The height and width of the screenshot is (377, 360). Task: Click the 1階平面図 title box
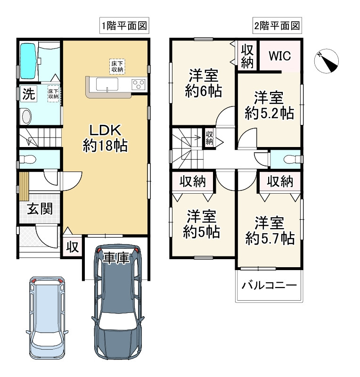124,25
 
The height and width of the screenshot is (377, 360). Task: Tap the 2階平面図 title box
277,25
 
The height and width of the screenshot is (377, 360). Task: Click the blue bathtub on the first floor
28,61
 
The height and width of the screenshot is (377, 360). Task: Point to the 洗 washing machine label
29,94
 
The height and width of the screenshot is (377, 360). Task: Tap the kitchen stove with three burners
139,84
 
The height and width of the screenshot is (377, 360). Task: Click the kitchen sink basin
107,84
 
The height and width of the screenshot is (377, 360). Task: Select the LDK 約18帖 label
106,138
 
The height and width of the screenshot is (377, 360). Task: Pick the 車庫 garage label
116,258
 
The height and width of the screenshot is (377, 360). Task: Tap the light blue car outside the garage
47,318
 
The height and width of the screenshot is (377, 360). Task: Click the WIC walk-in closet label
280,56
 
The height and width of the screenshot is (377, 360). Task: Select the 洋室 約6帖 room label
204,83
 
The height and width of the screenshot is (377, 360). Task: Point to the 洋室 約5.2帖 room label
270,105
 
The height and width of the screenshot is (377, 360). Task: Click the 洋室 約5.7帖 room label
270,230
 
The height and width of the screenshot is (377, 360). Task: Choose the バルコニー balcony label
269,286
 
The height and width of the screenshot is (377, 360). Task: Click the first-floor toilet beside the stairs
27,159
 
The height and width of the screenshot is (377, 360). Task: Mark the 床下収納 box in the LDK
117,66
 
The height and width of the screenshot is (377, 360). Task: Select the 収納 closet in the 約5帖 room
193,181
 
